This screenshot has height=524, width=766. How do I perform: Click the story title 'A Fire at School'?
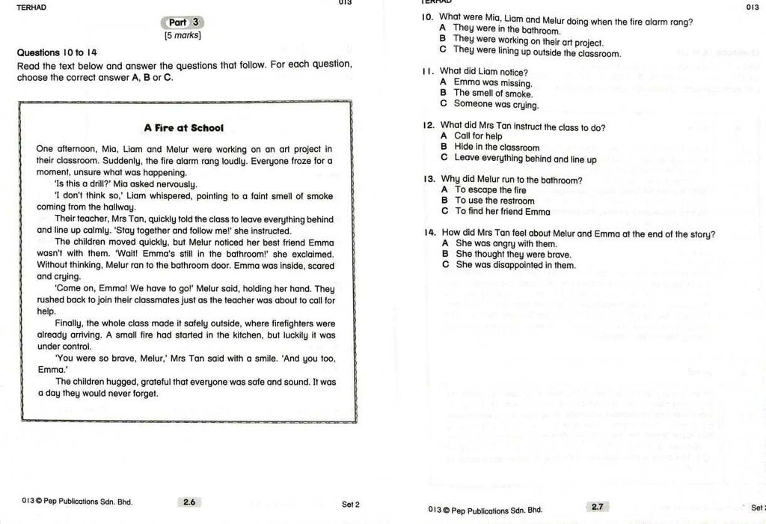[x=183, y=128]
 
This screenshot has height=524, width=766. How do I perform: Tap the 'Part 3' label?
[x=183, y=22]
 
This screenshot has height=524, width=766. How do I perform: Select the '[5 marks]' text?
[x=183, y=35]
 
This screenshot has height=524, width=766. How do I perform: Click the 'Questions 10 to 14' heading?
[x=57, y=52]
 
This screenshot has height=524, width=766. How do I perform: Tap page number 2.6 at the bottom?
[x=189, y=502]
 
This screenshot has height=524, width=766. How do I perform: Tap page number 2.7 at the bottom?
[x=597, y=507]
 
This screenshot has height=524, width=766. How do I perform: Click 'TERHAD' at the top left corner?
[x=31, y=7]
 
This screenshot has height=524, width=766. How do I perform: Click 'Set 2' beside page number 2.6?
[x=351, y=505]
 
